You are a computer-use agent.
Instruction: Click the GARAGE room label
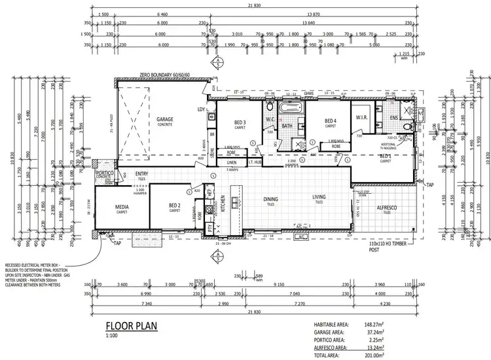point(165,120)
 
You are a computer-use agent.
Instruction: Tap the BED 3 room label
point(239,122)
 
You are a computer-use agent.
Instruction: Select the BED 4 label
point(330,120)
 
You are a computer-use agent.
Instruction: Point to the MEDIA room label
point(122,207)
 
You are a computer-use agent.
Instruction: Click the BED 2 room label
point(175,207)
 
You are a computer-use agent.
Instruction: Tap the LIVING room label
point(318,198)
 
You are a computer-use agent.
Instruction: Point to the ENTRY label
point(141,173)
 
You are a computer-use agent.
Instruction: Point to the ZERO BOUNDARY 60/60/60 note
point(164,76)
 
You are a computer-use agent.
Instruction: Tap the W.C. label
point(270,119)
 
